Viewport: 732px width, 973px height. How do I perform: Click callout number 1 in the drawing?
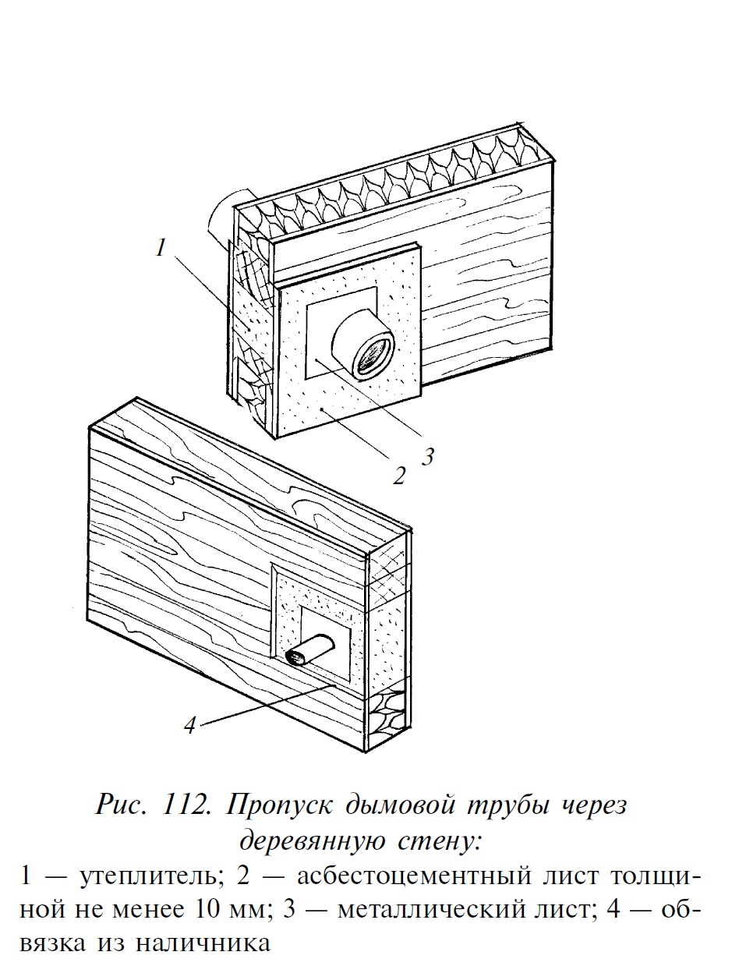(161, 247)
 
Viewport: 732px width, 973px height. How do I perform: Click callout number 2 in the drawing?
(399, 476)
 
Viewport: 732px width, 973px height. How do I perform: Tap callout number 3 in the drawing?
(427, 456)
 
